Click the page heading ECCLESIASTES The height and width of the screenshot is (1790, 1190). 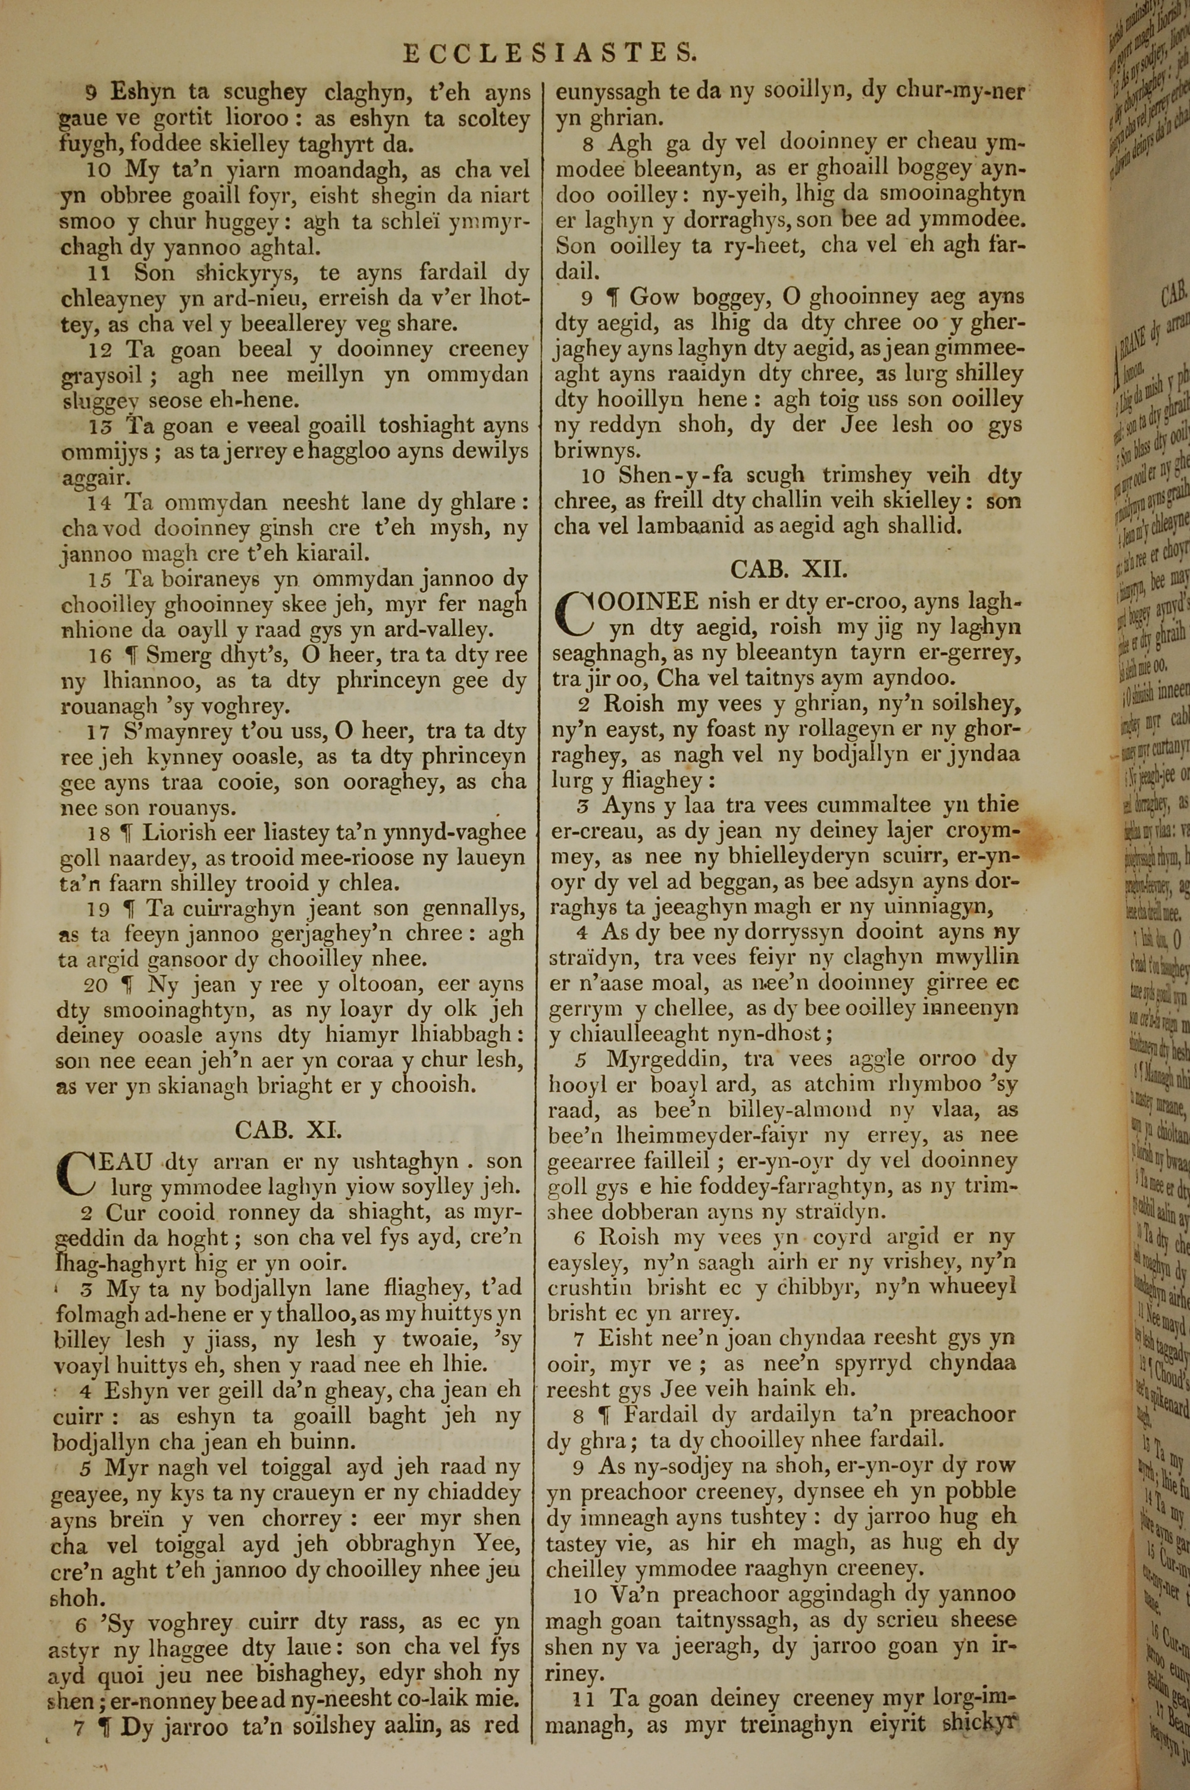point(549,52)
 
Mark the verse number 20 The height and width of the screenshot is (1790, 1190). point(95,985)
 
